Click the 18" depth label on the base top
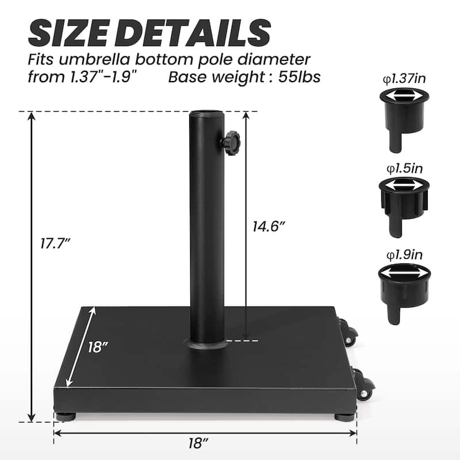click(98, 347)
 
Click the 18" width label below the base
click(197, 443)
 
